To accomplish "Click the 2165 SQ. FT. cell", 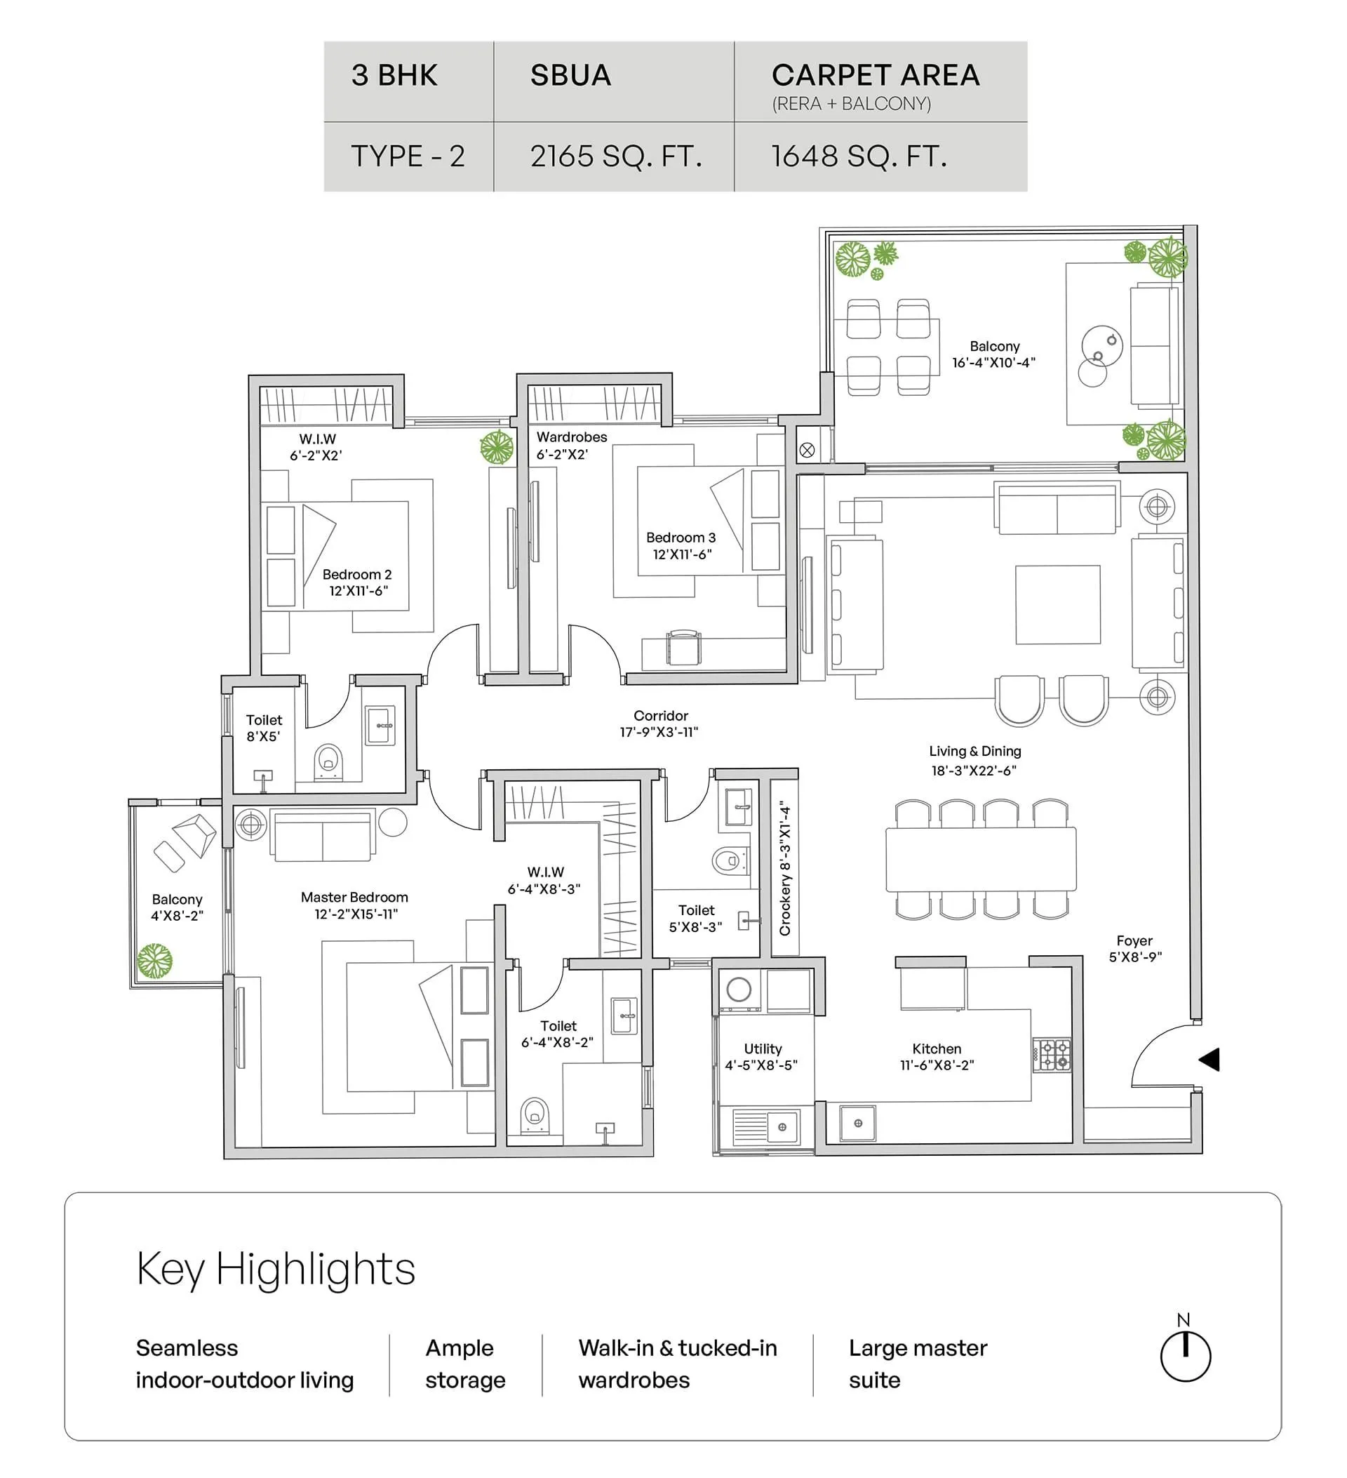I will (615, 157).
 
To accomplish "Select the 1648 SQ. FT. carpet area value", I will (859, 157).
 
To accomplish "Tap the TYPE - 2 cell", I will (408, 157).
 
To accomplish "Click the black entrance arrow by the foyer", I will (1210, 1060).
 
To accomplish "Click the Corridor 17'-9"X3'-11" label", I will (659, 724).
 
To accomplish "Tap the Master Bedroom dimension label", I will (355, 905).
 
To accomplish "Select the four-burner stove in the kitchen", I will (1052, 1056).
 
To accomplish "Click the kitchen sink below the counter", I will (857, 1123).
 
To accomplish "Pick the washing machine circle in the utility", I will (739, 990).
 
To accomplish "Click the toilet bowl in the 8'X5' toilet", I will (328, 762).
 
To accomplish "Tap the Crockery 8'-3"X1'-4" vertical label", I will (786, 868).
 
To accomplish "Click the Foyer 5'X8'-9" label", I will (1134, 949).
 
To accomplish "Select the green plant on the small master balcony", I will (154, 961).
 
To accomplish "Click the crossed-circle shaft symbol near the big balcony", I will (807, 450).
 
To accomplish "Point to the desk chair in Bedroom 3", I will (684, 647).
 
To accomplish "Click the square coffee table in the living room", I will (1057, 605).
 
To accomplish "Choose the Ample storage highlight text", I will (465, 1364).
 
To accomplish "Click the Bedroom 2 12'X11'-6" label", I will (358, 582).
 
